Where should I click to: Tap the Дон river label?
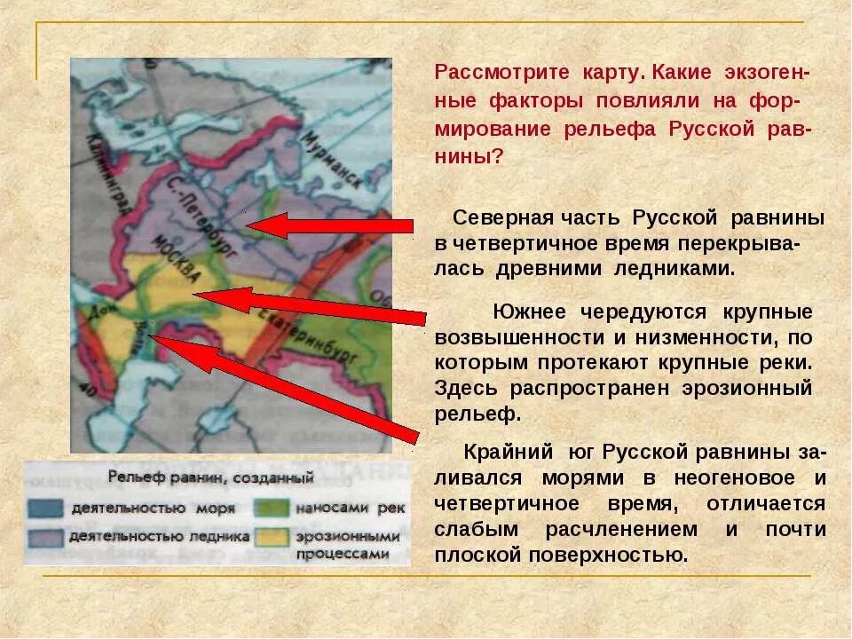91,315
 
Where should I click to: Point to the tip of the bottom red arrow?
157,338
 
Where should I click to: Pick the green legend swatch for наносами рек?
272,509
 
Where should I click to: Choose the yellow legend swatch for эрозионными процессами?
272,538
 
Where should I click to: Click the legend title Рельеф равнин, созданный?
210,478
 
